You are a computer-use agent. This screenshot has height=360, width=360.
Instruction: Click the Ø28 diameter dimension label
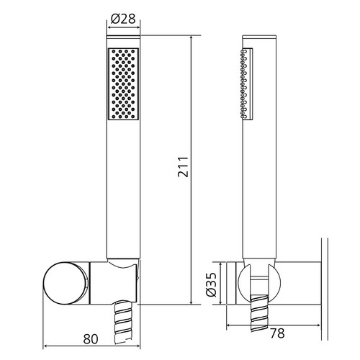tap(123, 19)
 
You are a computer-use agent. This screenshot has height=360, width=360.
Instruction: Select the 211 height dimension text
tap(183, 167)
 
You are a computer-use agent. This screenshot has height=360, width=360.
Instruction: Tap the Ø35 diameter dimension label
tap(212, 284)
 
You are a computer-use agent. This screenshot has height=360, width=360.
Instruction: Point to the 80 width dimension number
tap(91, 339)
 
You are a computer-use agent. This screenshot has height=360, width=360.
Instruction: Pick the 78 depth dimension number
tap(277, 333)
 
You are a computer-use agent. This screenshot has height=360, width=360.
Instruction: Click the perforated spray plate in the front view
tap(123, 84)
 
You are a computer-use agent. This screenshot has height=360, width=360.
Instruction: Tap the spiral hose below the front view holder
tap(123, 323)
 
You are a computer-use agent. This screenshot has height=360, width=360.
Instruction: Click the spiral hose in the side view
tap(259, 313)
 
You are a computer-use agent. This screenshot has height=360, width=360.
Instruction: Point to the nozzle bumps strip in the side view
tap(243, 84)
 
